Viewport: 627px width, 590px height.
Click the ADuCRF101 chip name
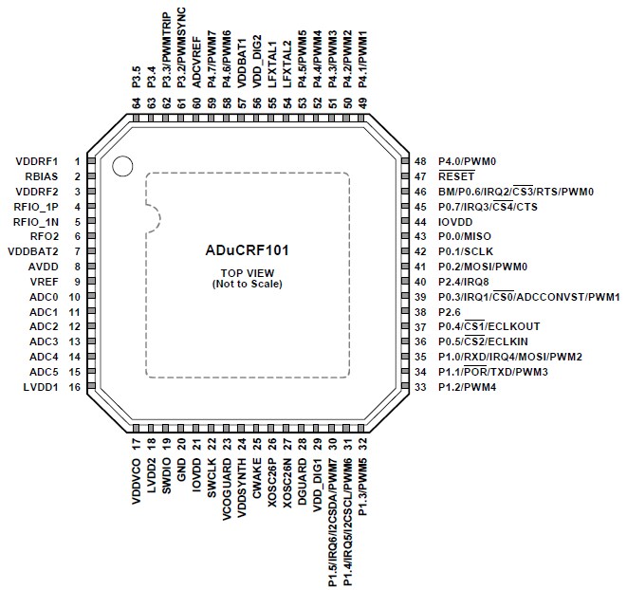coord(246,252)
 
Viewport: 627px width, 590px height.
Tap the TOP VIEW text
coord(246,273)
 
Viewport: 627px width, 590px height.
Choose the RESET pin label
coord(455,176)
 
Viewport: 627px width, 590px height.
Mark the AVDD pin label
coord(46,267)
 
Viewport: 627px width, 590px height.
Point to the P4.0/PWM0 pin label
coord(469,161)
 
